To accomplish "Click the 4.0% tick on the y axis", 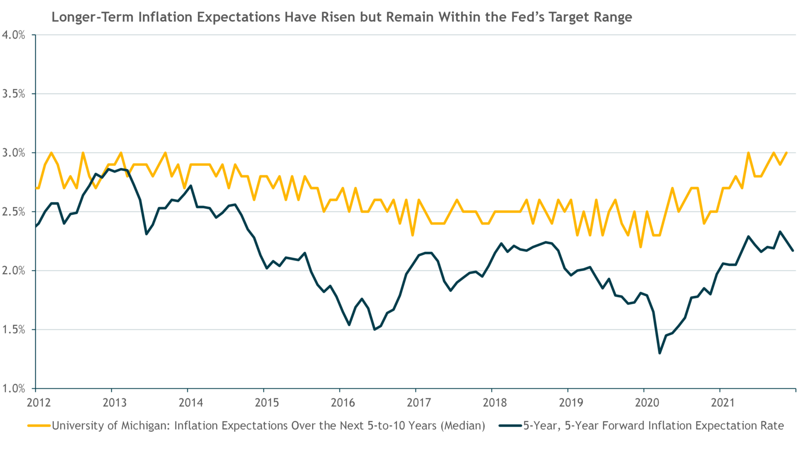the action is [x=13, y=35].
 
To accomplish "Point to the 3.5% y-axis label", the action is [x=13, y=94].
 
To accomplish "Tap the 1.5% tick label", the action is [x=13, y=330].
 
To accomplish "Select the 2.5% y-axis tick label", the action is [x=13, y=212].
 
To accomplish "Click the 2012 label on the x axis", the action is [x=39, y=402].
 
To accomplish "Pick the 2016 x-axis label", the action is [x=343, y=402].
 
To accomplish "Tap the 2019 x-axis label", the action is [x=571, y=402].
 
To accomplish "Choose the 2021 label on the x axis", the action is [x=723, y=402].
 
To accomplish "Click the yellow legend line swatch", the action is [x=39, y=426].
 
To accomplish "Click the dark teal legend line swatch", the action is [x=510, y=426].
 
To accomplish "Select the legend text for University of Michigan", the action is [x=269, y=426].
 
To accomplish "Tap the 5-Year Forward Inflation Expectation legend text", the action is [x=654, y=426].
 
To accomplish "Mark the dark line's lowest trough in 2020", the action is [x=660, y=353].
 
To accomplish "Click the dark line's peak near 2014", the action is [x=191, y=186].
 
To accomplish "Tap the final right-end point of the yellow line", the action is [x=787, y=153].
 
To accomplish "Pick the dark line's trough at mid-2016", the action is [x=374, y=329].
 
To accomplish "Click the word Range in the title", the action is [x=613, y=17].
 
